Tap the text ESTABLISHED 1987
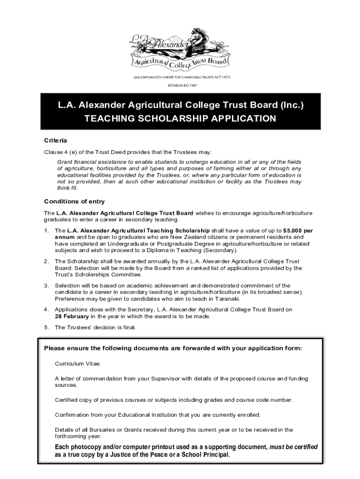click(x=180, y=85)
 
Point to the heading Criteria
click(x=56, y=140)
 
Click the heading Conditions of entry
click(x=74, y=202)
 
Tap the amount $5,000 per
click(x=298, y=231)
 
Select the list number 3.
click(x=46, y=285)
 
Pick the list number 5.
click(x=46, y=327)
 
